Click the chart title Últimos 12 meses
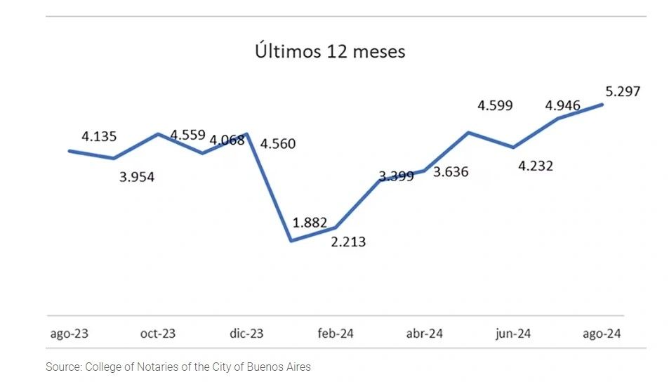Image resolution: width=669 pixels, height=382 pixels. point(329,52)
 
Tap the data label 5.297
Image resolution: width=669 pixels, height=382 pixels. point(623,91)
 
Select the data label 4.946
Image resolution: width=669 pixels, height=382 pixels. point(563,106)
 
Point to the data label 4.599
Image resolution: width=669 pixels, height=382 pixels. point(495,106)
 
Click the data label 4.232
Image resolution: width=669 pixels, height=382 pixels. point(535,166)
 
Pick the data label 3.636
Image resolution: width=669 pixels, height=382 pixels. point(451,172)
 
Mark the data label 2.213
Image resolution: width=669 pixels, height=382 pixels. point(347,242)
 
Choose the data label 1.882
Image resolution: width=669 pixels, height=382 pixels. point(310,223)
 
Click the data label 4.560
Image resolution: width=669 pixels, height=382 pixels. point(278,144)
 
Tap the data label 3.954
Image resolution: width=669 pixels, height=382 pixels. point(136,177)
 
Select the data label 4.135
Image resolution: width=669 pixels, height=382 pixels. point(99,137)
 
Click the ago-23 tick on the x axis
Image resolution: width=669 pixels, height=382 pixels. point(69,334)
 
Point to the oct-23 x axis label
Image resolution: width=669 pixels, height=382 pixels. point(158,334)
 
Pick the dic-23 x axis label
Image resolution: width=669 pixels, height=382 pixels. point(246,334)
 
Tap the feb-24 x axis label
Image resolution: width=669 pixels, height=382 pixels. point(336,334)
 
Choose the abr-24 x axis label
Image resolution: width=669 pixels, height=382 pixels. point(425,334)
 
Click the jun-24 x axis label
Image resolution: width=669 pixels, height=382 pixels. point(513,334)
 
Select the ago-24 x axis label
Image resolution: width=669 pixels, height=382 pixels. point(602,334)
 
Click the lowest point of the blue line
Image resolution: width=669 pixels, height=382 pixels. point(291,241)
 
